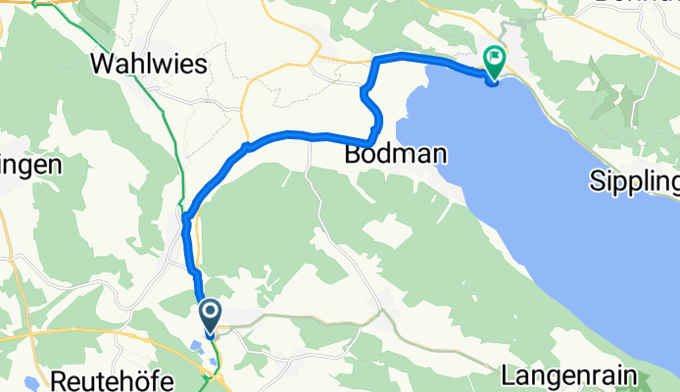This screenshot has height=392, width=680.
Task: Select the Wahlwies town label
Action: click(x=149, y=65)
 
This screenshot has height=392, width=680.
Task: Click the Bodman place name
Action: click(x=396, y=155)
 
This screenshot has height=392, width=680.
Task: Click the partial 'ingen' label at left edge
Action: click(x=29, y=165)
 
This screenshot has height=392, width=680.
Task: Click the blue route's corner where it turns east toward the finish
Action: click(x=376, y=61)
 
